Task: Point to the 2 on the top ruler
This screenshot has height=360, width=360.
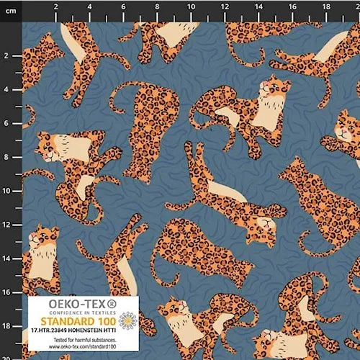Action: pyautogui.click(x=56, y=7)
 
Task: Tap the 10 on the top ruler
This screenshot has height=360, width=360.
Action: pyautogui.click(x=191, y=7)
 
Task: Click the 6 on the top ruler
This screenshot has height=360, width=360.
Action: pyautogui.click(x=124, y=7)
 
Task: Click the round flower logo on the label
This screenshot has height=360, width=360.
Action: pyautogui.click(x=129, y=320)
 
